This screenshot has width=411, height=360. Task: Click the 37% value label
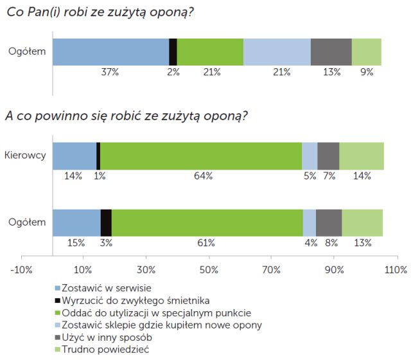[x=110, y=72]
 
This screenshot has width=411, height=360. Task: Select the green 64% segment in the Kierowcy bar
[x=201, y=156]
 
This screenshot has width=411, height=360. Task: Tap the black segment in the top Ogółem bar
[x=173, y=52]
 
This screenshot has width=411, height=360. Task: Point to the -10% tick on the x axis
[x=22, y=268]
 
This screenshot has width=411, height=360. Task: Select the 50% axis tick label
[x=209, y=268]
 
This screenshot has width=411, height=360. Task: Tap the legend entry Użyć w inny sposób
[x=104, y=337]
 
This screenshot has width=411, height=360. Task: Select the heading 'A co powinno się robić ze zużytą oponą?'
[x=127, y=116]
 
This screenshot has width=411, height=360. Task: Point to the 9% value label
[x=367, y=72]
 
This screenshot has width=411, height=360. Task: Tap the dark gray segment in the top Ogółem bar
[x=331, y=52]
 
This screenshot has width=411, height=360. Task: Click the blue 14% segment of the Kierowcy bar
[x=74, y=156]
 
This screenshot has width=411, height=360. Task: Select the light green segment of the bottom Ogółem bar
[x=362, y=223]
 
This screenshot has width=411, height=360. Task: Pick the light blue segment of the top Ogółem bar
[x=277, y=52]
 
